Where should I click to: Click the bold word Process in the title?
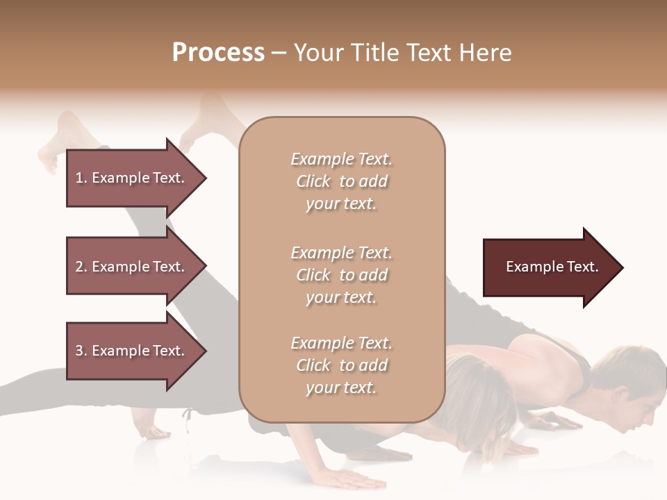point(218,53)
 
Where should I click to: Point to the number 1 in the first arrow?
point(79,178)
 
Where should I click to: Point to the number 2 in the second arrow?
point(79,267)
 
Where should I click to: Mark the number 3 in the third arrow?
point(79,351)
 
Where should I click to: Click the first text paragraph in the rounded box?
point(341,181)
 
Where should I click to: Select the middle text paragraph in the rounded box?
point(341,275)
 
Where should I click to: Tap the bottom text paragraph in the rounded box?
point(341,365)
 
